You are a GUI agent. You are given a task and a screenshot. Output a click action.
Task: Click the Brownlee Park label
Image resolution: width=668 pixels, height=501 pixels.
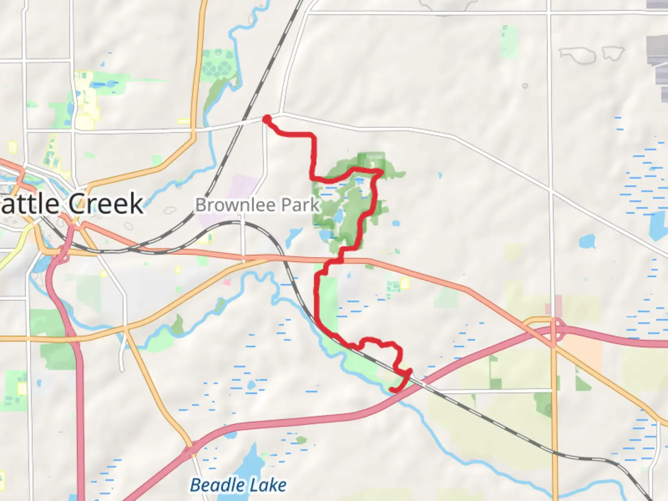[257, 205]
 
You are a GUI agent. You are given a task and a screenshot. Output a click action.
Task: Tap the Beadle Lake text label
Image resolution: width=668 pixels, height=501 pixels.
[238, 485]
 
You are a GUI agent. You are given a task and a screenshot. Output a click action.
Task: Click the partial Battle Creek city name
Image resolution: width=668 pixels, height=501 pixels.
[72, 204]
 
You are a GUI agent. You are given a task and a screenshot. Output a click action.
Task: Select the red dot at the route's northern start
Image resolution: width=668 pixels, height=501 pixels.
[267, 119]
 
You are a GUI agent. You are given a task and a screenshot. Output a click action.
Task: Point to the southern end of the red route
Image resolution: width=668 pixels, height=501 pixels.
[392, 390]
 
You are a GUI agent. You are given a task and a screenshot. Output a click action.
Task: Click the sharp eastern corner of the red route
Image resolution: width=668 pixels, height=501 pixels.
[382, 172]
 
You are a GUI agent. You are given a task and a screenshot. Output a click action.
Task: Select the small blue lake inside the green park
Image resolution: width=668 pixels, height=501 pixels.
[339, 216]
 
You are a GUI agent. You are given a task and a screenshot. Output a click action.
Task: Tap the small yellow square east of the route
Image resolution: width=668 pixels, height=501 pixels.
[405, 283]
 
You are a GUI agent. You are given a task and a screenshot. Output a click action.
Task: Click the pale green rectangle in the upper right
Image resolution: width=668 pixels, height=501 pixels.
[509, 42]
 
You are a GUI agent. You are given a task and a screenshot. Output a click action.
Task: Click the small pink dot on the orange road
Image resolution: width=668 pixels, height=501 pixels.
[227, 282]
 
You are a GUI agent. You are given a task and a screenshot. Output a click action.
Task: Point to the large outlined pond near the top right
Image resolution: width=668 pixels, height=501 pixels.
[578, 55]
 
